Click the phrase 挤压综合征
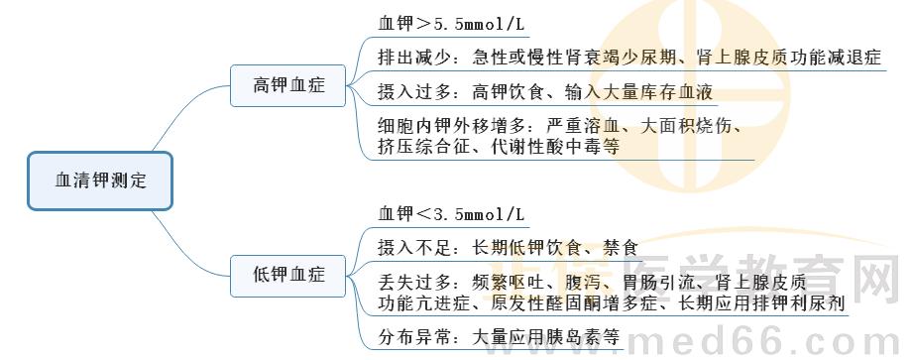point(421,147)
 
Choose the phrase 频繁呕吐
point(508,281)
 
